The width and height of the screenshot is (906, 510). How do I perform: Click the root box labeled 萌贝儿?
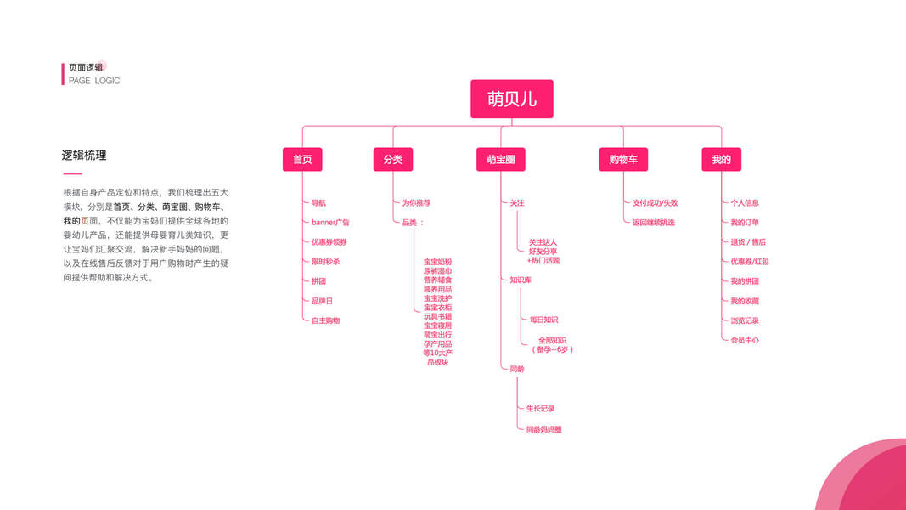point(511,99)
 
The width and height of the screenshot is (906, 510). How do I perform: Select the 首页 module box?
point(302,159)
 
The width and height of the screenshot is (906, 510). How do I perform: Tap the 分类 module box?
point(392,159)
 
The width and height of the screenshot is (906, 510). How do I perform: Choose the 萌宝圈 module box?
point(500,159)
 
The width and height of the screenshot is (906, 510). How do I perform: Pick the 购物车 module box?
point(622,159)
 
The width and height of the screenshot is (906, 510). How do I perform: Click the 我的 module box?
point(721,159)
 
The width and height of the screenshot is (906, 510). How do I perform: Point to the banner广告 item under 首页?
point(330,223)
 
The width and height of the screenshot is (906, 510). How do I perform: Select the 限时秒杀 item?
point(325,262)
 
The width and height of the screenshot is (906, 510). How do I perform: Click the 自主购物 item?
point(325,320)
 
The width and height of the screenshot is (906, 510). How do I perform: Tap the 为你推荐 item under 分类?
point(416,203)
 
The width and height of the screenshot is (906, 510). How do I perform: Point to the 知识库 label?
point(521,280)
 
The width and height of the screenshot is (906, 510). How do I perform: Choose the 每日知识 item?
point(543,320)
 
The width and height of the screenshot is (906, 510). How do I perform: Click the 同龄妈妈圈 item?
point(543,429)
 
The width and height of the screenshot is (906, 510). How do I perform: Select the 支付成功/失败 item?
point(656,203)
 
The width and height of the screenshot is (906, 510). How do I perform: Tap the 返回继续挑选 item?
point(654,223)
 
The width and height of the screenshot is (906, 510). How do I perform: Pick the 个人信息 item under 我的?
point(745,203)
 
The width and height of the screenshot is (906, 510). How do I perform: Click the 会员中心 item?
point(745,340)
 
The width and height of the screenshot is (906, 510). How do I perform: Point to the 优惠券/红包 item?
point(749,262)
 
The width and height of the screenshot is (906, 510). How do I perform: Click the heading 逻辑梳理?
point(84,156)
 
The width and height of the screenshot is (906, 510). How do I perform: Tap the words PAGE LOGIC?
point(94,81)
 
